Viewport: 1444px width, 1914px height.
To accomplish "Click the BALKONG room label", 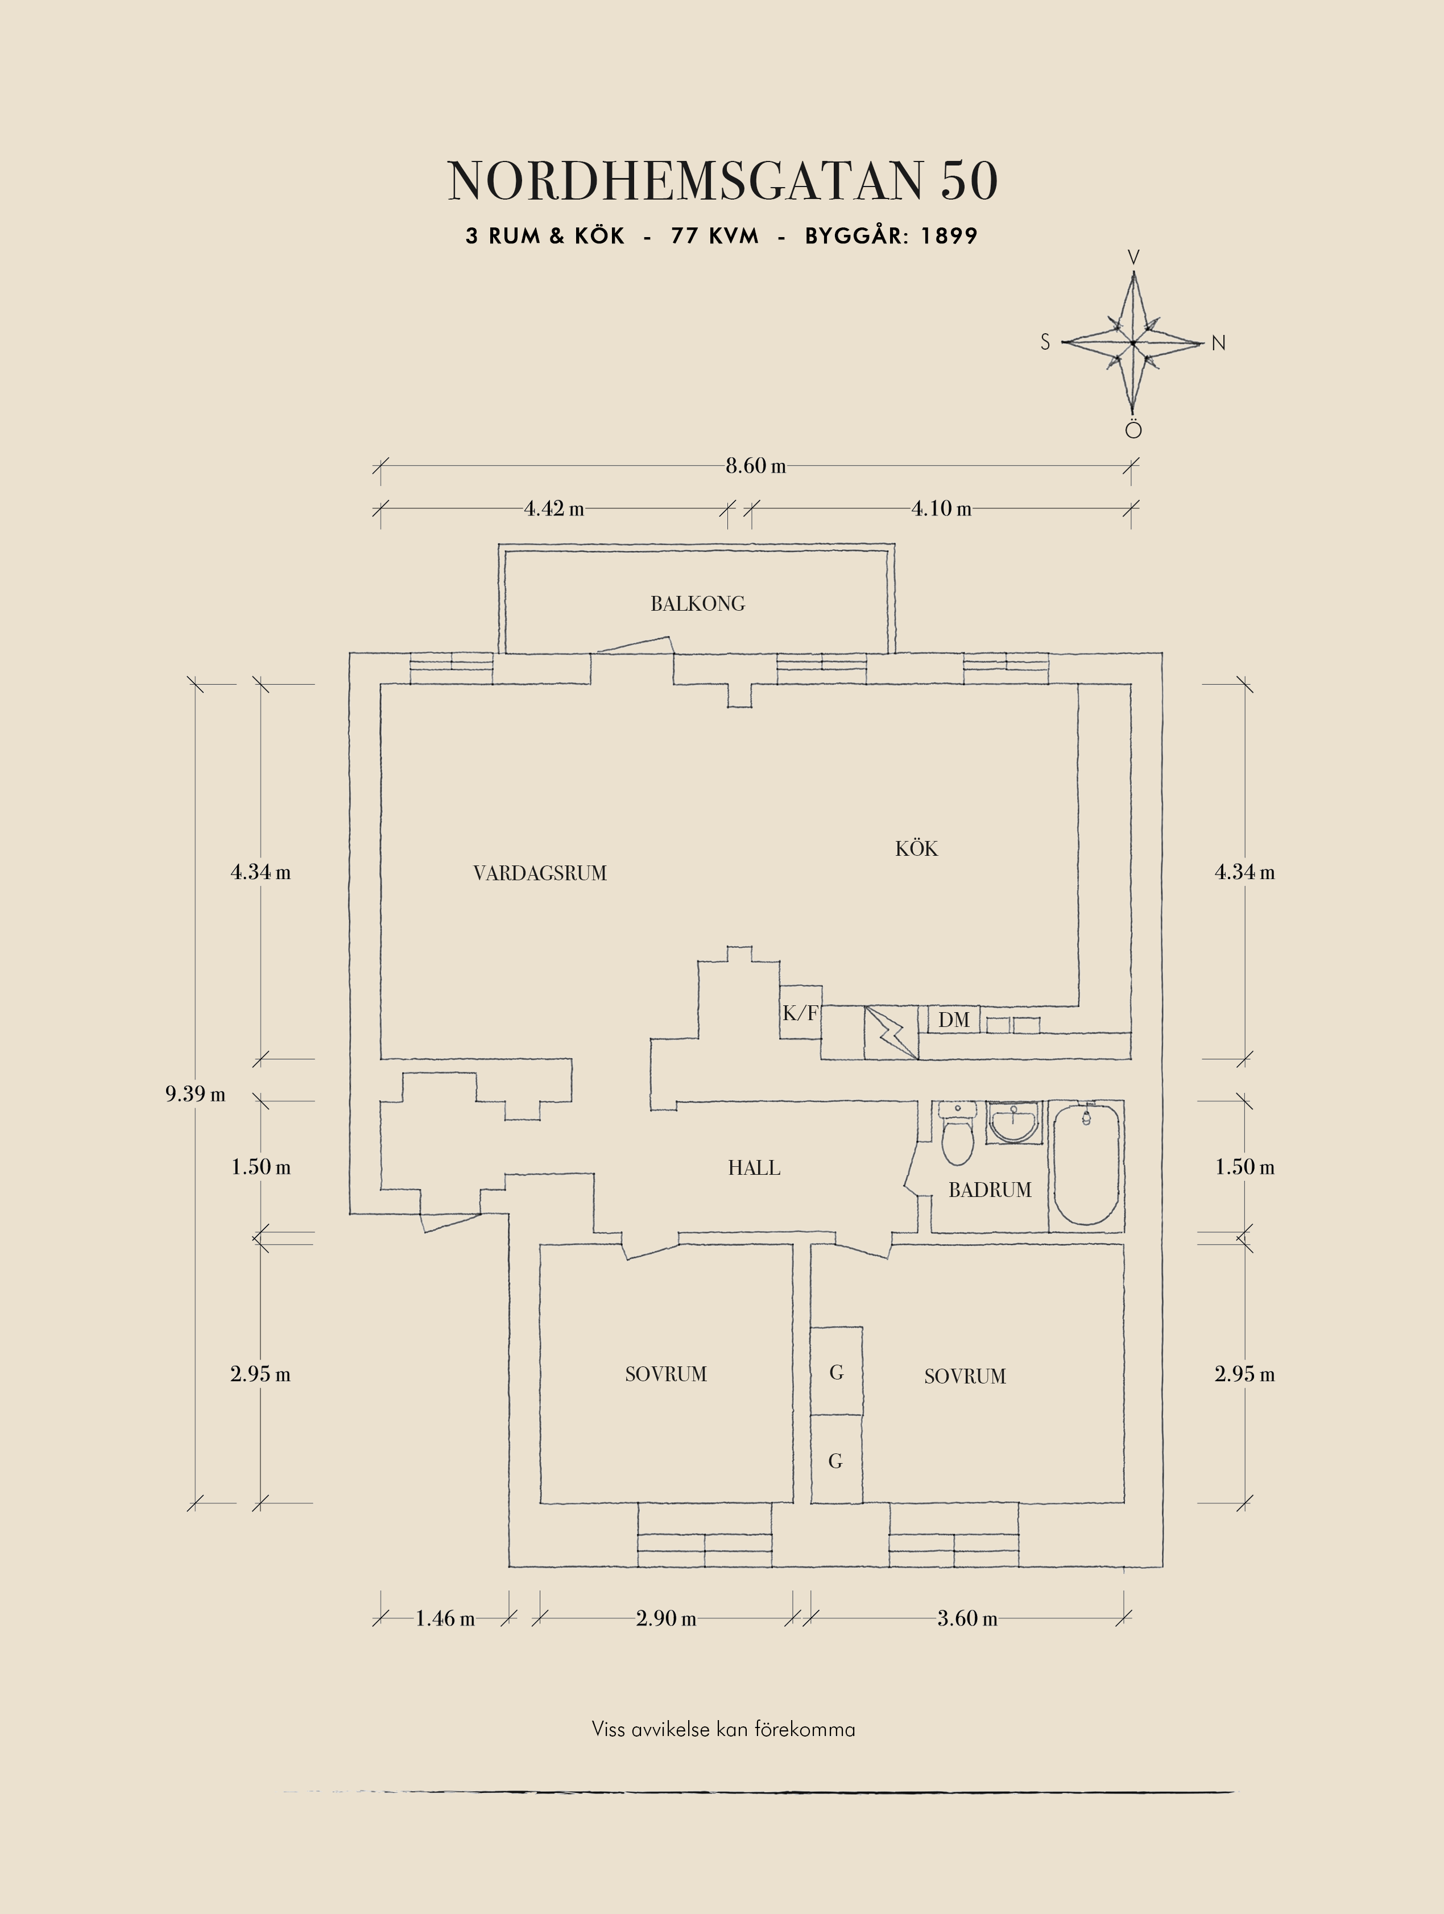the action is point(697,604).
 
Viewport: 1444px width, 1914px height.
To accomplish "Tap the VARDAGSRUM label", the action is point(540,873).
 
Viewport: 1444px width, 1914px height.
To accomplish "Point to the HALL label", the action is point(754,1168).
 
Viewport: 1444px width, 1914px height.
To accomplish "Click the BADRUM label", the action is point(990,1190).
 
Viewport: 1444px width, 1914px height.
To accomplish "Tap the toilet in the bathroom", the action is point(957,1133).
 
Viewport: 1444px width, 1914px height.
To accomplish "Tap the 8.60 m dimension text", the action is point(755,466).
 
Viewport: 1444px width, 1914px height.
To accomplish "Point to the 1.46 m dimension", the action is point(445,1618).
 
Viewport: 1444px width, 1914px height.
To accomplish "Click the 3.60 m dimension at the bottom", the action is point(967,1618).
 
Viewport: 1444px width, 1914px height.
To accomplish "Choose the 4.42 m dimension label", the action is point(554,509).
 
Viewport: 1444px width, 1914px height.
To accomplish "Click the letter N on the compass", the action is point(1218,343).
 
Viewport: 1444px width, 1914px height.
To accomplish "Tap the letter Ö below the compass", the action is point(1133,429).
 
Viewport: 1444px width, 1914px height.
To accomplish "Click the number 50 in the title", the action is point(969,181).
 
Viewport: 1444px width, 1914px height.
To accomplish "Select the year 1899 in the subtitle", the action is point(949,236).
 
